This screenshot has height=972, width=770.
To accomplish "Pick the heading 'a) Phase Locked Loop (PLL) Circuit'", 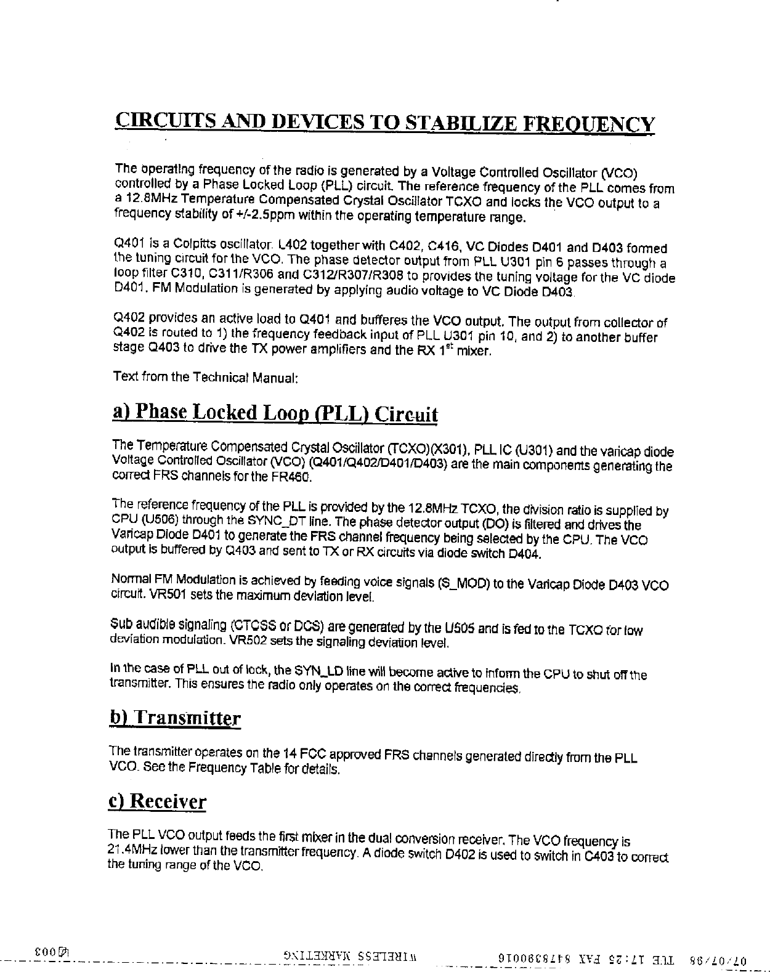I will [275, 413].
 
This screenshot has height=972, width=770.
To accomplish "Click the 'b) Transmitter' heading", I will [174, 718].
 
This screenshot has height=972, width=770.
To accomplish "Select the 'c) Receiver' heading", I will [157, 802].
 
